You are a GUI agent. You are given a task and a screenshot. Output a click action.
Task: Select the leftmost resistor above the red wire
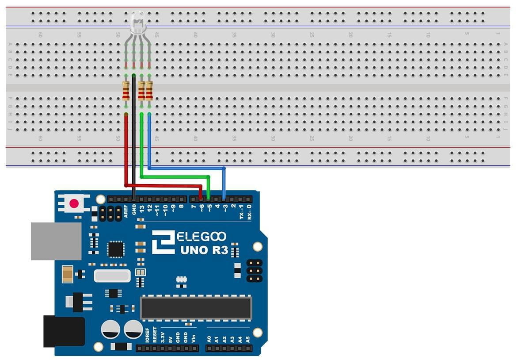(x=126, y=91)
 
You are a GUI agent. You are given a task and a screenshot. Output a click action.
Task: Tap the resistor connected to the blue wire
(x=149, y=91)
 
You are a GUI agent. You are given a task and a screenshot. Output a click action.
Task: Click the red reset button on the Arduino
(x=74, y=204)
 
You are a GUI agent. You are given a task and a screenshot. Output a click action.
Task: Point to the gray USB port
(x=56, y=241)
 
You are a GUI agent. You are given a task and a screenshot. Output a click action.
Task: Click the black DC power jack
(x=64, y=331)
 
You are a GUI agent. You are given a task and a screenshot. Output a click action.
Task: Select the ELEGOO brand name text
(x=201, y=237)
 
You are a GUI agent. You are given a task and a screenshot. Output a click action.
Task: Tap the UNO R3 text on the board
(x=204, y=250)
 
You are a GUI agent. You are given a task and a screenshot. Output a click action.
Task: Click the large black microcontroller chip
(x=196, y=308)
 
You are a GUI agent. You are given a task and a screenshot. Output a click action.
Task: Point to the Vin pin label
(x=193, y=338)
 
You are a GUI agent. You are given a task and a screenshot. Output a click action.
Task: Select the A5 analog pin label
(x=248, y=340)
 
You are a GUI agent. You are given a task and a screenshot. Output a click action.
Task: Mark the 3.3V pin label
(x=163, y=337)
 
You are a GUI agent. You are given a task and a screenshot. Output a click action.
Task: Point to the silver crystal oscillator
(x=112, y=276)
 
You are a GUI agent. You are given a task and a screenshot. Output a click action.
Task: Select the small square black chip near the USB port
(x=116, y=249)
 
